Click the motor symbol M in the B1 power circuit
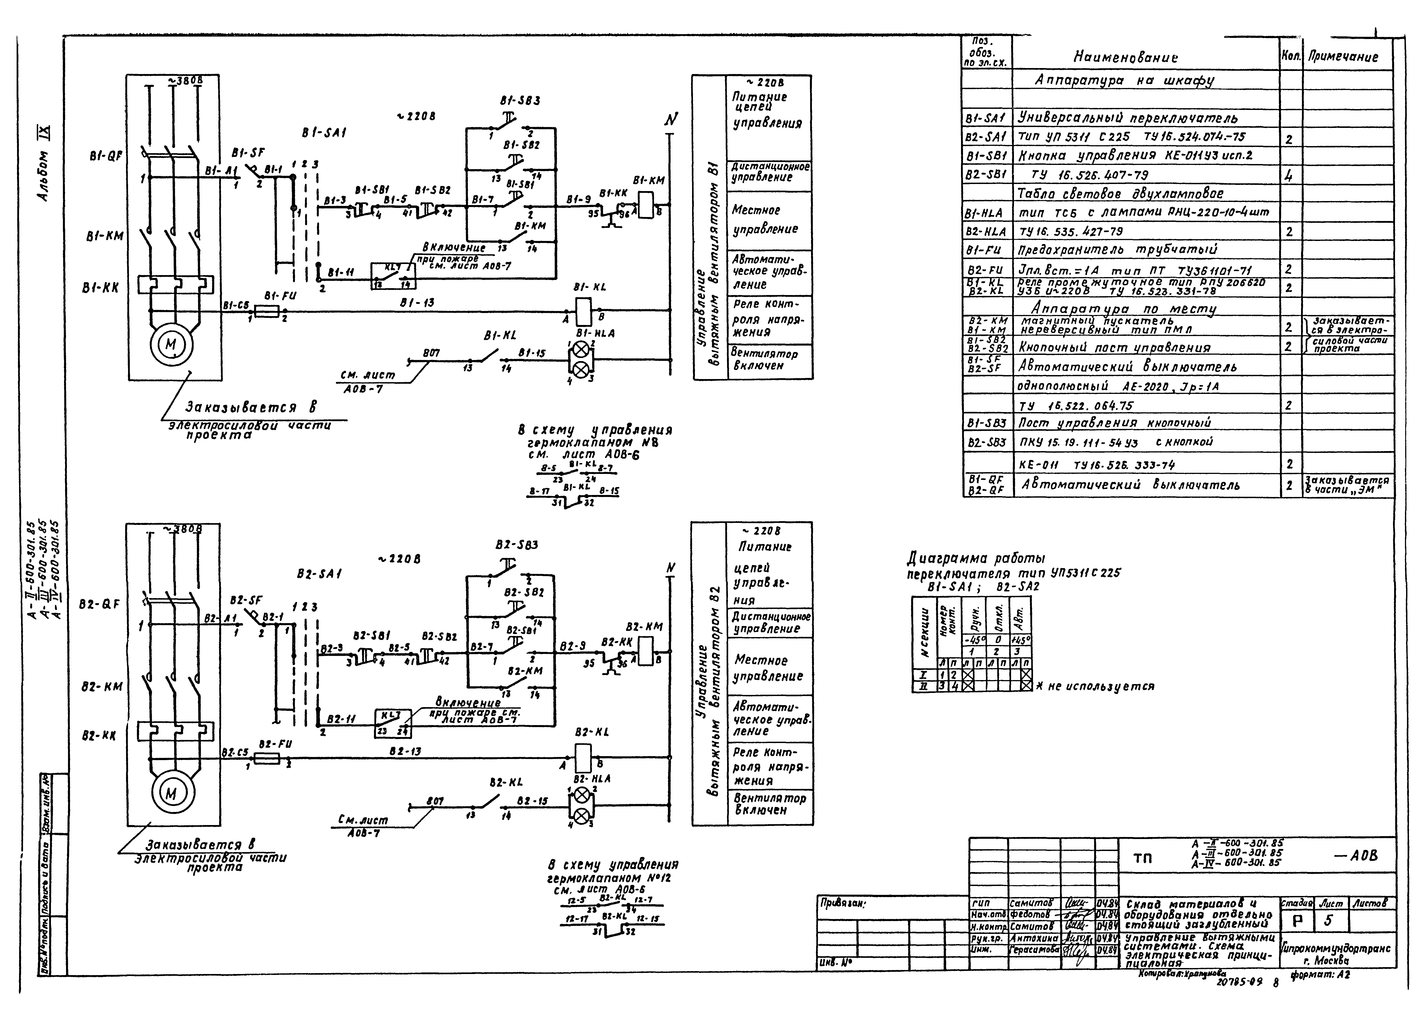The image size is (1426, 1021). pyautogui.click(x=171, y=344)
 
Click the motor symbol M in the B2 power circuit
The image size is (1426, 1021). pyautogui.click(x=171, y=793)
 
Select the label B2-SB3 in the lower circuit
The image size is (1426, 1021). pyautogui.click(x=516, y=544)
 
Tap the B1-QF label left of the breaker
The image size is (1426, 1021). pyautogui.click(x=105, y=156)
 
